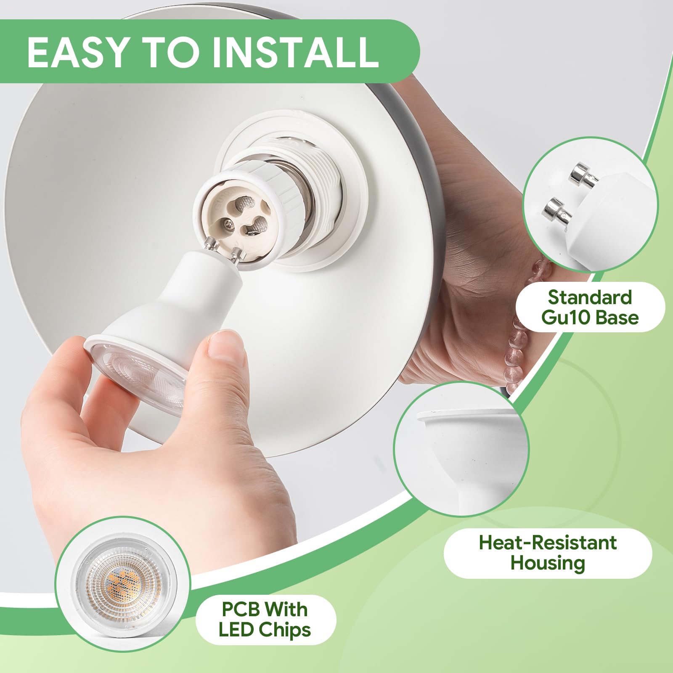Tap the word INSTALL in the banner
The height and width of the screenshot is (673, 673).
(295, 52)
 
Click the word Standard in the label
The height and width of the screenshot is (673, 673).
(590, 297)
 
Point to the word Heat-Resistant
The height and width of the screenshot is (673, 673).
(548, 543)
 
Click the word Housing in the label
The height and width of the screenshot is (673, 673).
(548, 563)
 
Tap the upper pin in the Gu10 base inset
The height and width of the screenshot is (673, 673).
(582, 175)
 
